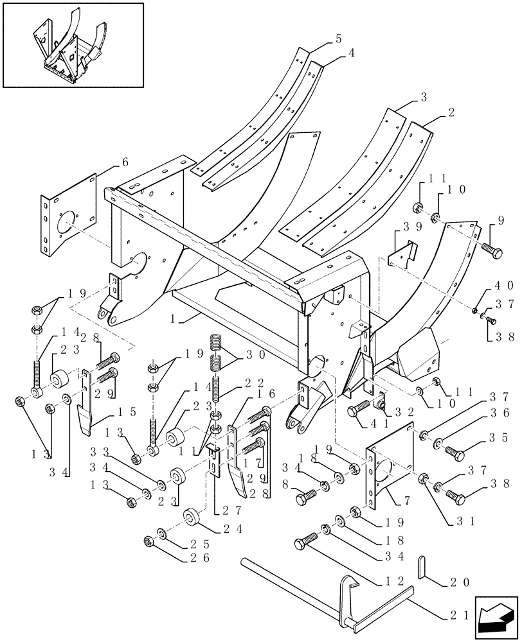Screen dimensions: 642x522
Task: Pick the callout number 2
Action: coord(452,112)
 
